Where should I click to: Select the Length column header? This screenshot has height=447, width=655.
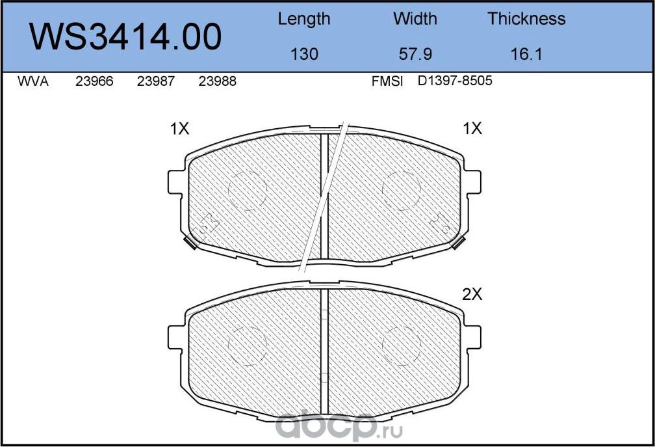[303, 19]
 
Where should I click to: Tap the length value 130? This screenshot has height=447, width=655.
[304, 54]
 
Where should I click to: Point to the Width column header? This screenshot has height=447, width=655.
[415, 19]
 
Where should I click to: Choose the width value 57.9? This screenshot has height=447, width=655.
[415, 54]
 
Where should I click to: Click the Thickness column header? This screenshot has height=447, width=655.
[526, 19]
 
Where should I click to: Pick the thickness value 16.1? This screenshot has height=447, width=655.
[526, 54]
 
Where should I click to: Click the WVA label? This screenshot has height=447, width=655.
[32, 82]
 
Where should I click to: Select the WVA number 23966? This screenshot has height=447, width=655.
[94, 82]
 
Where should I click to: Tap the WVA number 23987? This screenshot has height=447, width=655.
[155, 82]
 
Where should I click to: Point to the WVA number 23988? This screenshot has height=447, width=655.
[217, 82]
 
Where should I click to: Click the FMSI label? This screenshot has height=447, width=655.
[387, 82]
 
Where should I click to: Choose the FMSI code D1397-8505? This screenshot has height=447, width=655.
[455, 82]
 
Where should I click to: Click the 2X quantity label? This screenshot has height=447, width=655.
[472, 294]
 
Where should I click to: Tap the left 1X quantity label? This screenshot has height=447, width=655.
[179, 129]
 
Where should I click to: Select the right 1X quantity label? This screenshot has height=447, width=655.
[472, 129]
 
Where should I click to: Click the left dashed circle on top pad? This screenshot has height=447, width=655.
[248, 191]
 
